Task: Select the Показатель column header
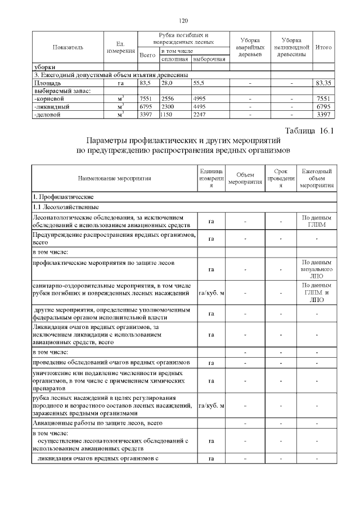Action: [68, 47]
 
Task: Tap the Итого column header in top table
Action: [323, 47]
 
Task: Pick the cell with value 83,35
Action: [323, 83]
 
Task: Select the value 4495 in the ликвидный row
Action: [201, 106]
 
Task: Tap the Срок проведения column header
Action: [281, 178]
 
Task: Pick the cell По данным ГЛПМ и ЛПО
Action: [317, 293]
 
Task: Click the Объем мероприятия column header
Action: [246, 178]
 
